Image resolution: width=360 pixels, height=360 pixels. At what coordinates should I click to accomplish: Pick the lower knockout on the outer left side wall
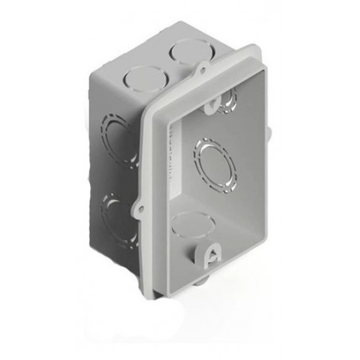click(x=114, y=213)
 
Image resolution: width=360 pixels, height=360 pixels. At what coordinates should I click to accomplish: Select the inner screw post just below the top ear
click(x=226, y=100)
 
